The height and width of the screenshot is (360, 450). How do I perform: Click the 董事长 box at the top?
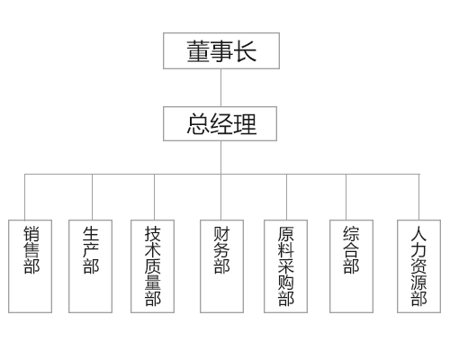point(221,51)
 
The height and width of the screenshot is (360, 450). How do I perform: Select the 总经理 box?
point(220,123)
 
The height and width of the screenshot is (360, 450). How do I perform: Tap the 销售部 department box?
point(30,266)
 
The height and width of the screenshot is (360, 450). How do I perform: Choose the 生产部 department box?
point(90,266)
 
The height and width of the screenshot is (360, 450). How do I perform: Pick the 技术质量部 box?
point(152,266)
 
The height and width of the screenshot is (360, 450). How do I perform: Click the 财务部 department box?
point(221,266)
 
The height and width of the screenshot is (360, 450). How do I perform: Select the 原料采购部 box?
point(285,266)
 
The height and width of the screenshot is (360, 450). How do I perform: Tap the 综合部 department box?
point(351,266)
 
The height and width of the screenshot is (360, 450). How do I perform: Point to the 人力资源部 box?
point(418,266)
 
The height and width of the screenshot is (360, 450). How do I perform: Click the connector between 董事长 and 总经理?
point(221,87)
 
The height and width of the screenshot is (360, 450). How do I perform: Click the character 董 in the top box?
point(198,51)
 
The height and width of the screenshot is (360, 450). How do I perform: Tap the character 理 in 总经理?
point(245,124)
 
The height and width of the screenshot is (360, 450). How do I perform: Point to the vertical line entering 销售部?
point(24,197)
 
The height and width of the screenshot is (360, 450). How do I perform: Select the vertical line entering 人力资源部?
point(419,197)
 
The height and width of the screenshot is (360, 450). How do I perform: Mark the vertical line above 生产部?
point(92,197)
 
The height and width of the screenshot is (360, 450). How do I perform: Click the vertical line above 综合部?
point(346,197)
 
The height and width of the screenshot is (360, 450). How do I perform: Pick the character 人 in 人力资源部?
point(418,234)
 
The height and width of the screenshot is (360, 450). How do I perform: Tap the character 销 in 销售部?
point(31,234)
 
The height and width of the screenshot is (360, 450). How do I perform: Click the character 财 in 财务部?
point(221,234)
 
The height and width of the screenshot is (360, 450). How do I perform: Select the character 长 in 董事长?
point(245,51)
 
